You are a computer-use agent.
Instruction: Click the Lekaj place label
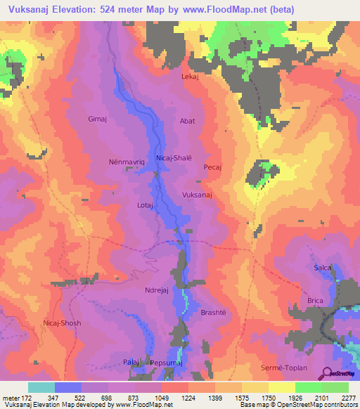tap(191, 76)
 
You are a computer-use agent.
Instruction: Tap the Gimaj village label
tap(96, 119)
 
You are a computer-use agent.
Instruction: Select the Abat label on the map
tap(188, 121)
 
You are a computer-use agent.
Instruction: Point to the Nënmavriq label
tap(126, 161)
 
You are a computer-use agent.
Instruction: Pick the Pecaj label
tap(212, 167)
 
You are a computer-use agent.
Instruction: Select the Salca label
tap(322, 268)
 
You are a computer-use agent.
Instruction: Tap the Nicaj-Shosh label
tap(62, 323)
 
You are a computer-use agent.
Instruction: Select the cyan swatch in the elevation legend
tap(41, 387)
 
